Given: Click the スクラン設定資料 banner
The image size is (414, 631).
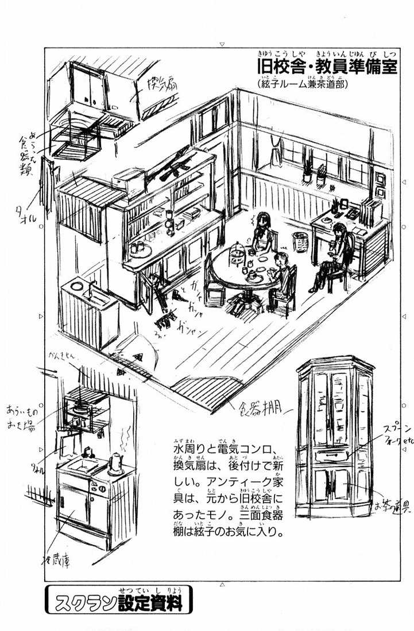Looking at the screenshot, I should point(117,602).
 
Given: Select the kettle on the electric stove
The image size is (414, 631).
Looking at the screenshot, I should point(117,462).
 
